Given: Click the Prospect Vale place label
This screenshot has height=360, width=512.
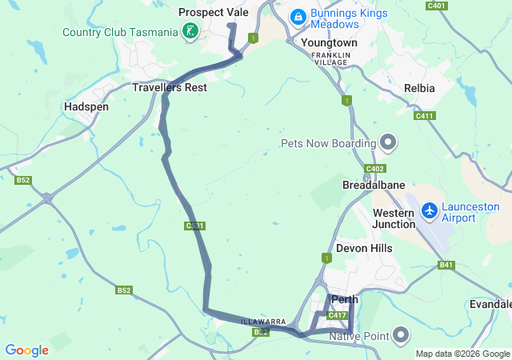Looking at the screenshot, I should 214,13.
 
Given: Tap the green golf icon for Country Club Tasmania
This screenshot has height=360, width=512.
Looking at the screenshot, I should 190,32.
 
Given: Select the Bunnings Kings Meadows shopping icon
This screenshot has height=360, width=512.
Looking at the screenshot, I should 298,16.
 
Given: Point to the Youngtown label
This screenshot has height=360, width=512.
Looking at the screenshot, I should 330,42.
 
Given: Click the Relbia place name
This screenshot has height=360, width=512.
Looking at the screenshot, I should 419,88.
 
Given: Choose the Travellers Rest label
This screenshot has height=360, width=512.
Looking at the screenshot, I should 170,87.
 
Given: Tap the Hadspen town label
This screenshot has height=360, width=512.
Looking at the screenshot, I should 86,106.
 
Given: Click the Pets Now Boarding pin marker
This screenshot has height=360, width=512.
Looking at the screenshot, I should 389,143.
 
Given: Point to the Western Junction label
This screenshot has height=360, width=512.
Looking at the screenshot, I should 394,218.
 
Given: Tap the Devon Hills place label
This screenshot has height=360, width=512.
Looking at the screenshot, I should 364,249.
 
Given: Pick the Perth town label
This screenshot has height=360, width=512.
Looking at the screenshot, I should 344,300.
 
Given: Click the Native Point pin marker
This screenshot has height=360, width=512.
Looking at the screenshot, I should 401,334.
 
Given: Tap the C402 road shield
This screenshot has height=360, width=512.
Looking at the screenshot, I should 374,169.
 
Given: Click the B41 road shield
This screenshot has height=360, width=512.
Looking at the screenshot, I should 446,265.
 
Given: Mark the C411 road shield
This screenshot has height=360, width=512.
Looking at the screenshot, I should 424,116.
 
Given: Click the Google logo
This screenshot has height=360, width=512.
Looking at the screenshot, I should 26,350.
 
